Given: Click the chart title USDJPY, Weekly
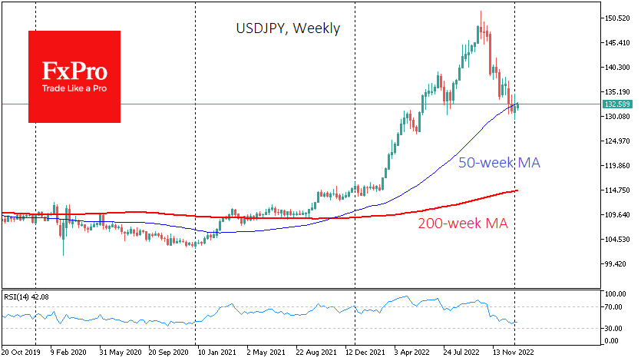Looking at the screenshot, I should point(287,29).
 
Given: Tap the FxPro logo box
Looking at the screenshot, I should point(74,77).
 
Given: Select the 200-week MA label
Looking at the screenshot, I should point(463,224).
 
